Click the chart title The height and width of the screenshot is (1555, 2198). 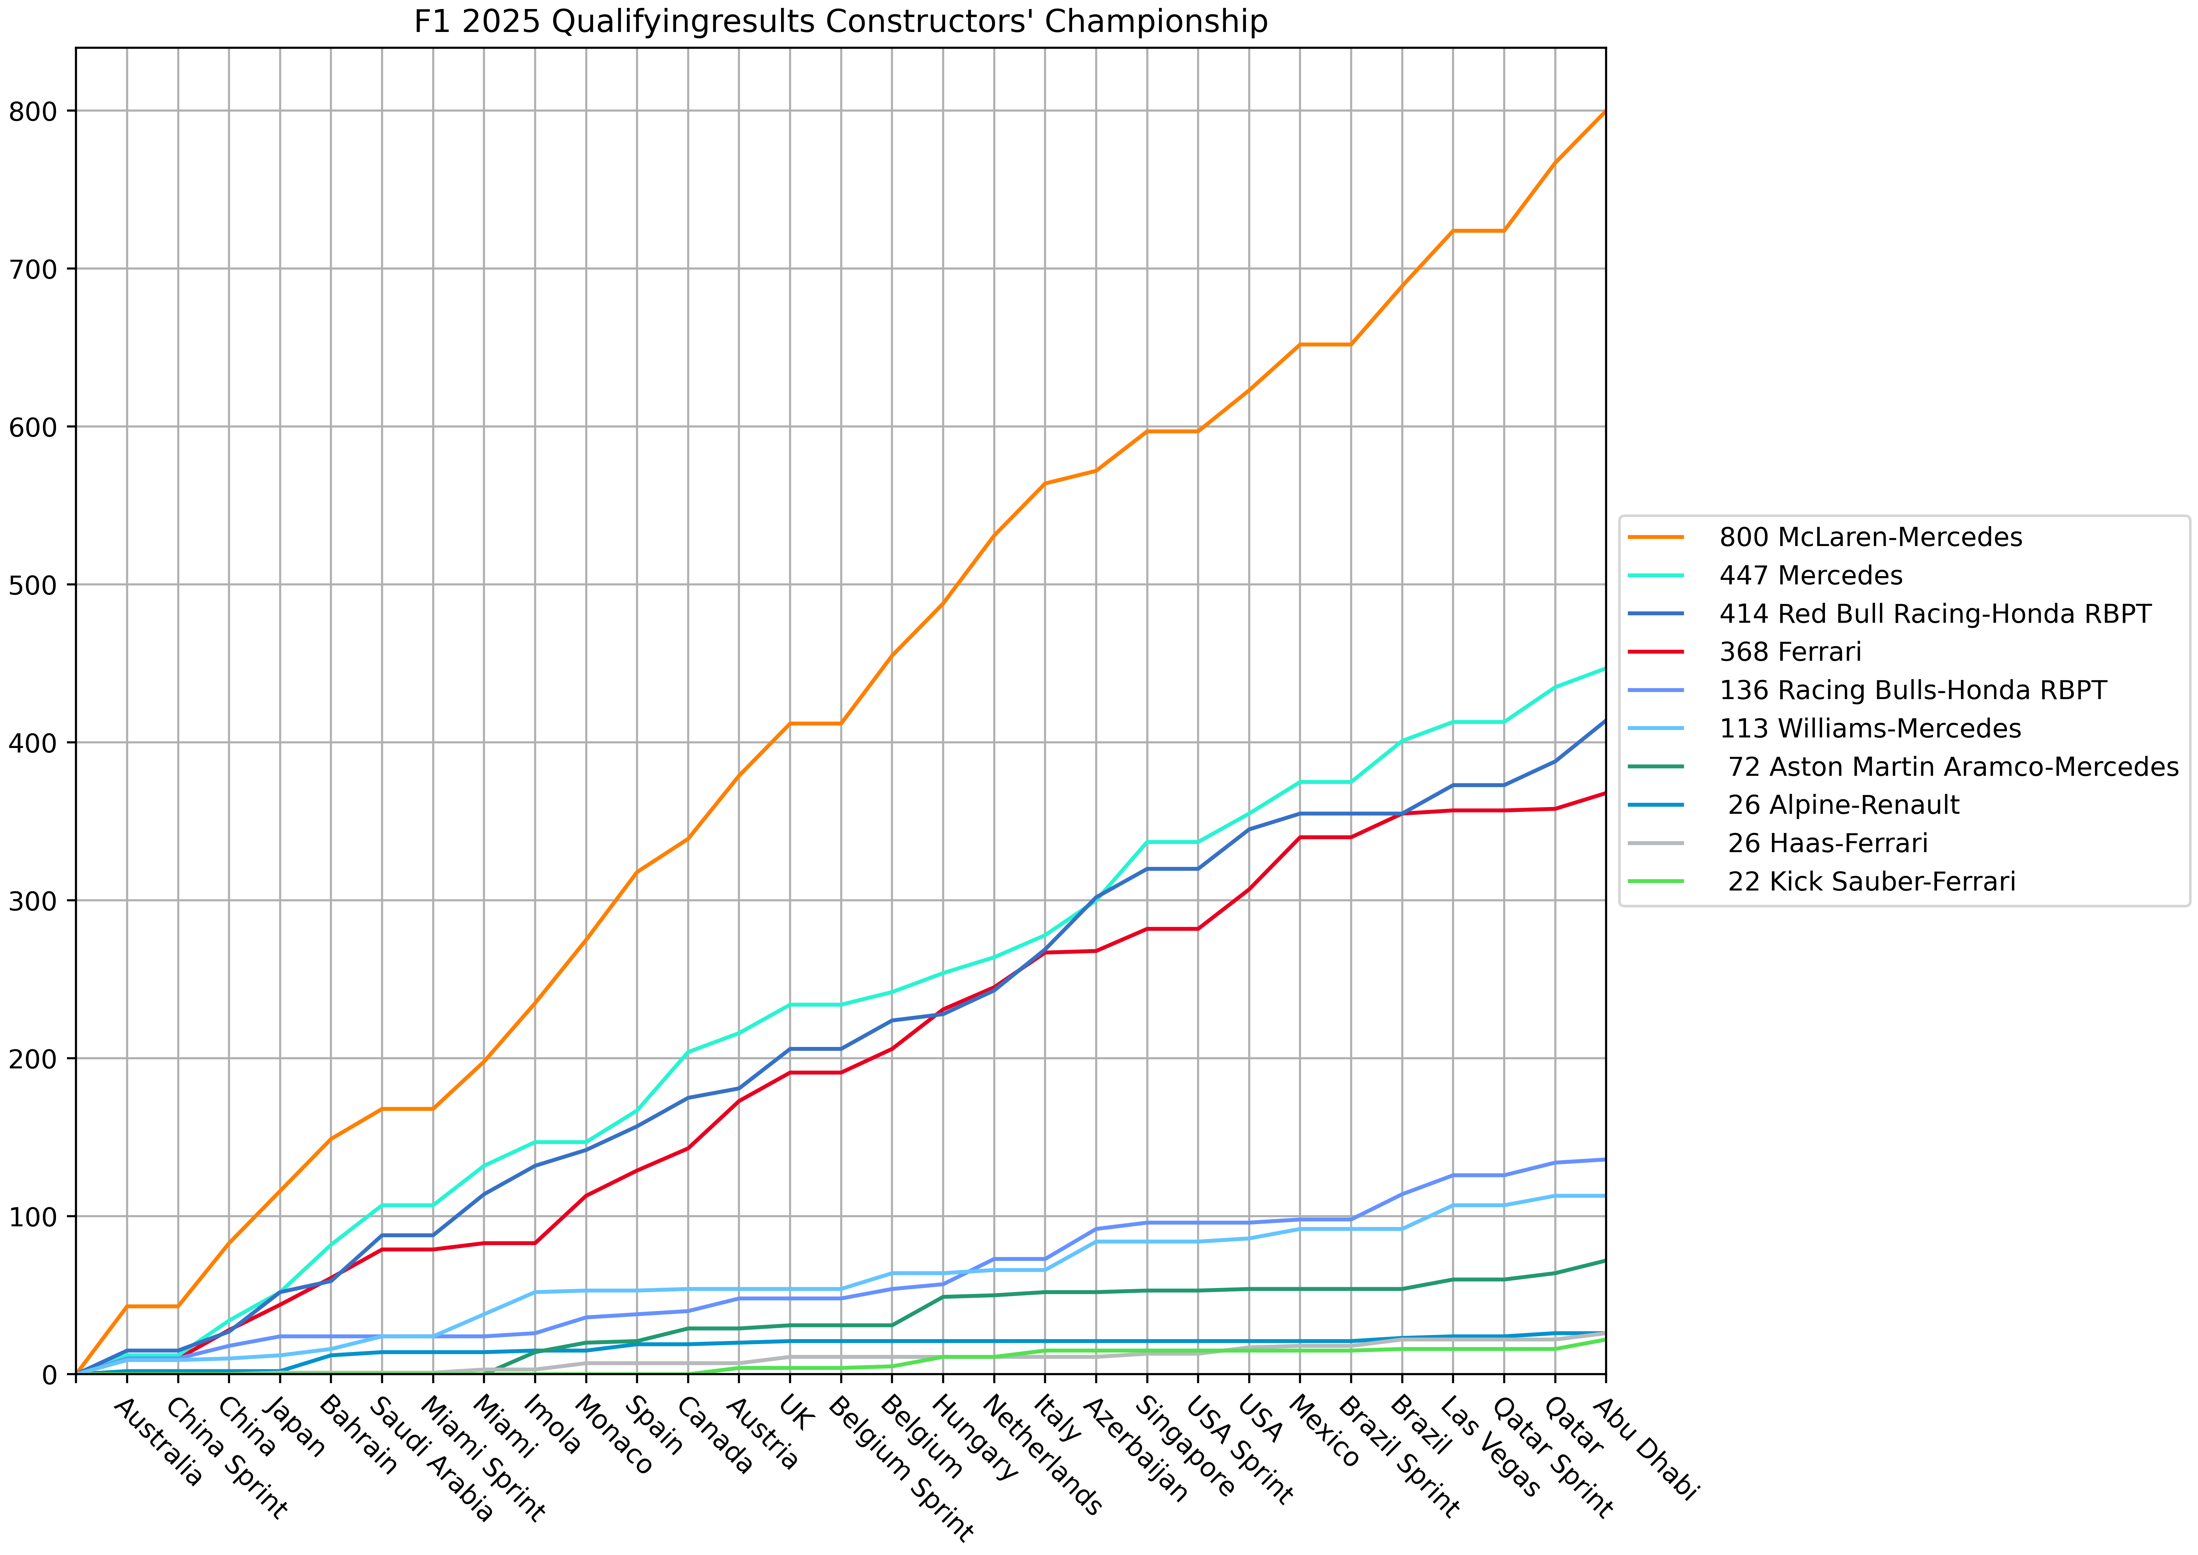(x=840, y=21)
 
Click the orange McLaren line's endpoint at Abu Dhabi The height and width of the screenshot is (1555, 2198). (x=1605, y=112)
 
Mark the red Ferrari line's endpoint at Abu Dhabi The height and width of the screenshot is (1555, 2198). (x=1605, y=793)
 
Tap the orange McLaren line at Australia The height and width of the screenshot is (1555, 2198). (x=127, y=1306)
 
